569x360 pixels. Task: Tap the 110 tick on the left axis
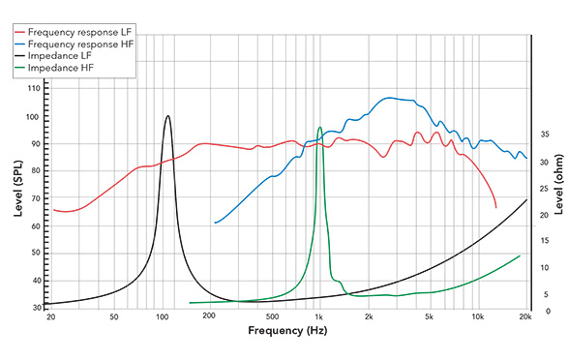pyautogui.click(x=35, y=88)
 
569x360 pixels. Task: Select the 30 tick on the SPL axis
pyautogui.click(x=35, y=307)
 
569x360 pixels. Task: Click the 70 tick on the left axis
pyautogui.click(x=35, y=197)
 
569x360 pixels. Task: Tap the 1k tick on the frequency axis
pyautogui.click(x=318, y=317)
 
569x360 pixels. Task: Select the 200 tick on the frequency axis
pyautogui.click(x=207, y=317)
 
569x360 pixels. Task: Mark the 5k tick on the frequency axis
pyautogui.click(x=430, y=317)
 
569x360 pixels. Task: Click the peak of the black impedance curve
pyautogui.click(x=167, y=116)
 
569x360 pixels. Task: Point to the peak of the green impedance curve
pyautogui.click(x=319, y=127)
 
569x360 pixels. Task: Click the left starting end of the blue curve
pyautogui.click(x=215, y=223)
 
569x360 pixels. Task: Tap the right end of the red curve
pyautogui.click(x=496, y=207)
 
